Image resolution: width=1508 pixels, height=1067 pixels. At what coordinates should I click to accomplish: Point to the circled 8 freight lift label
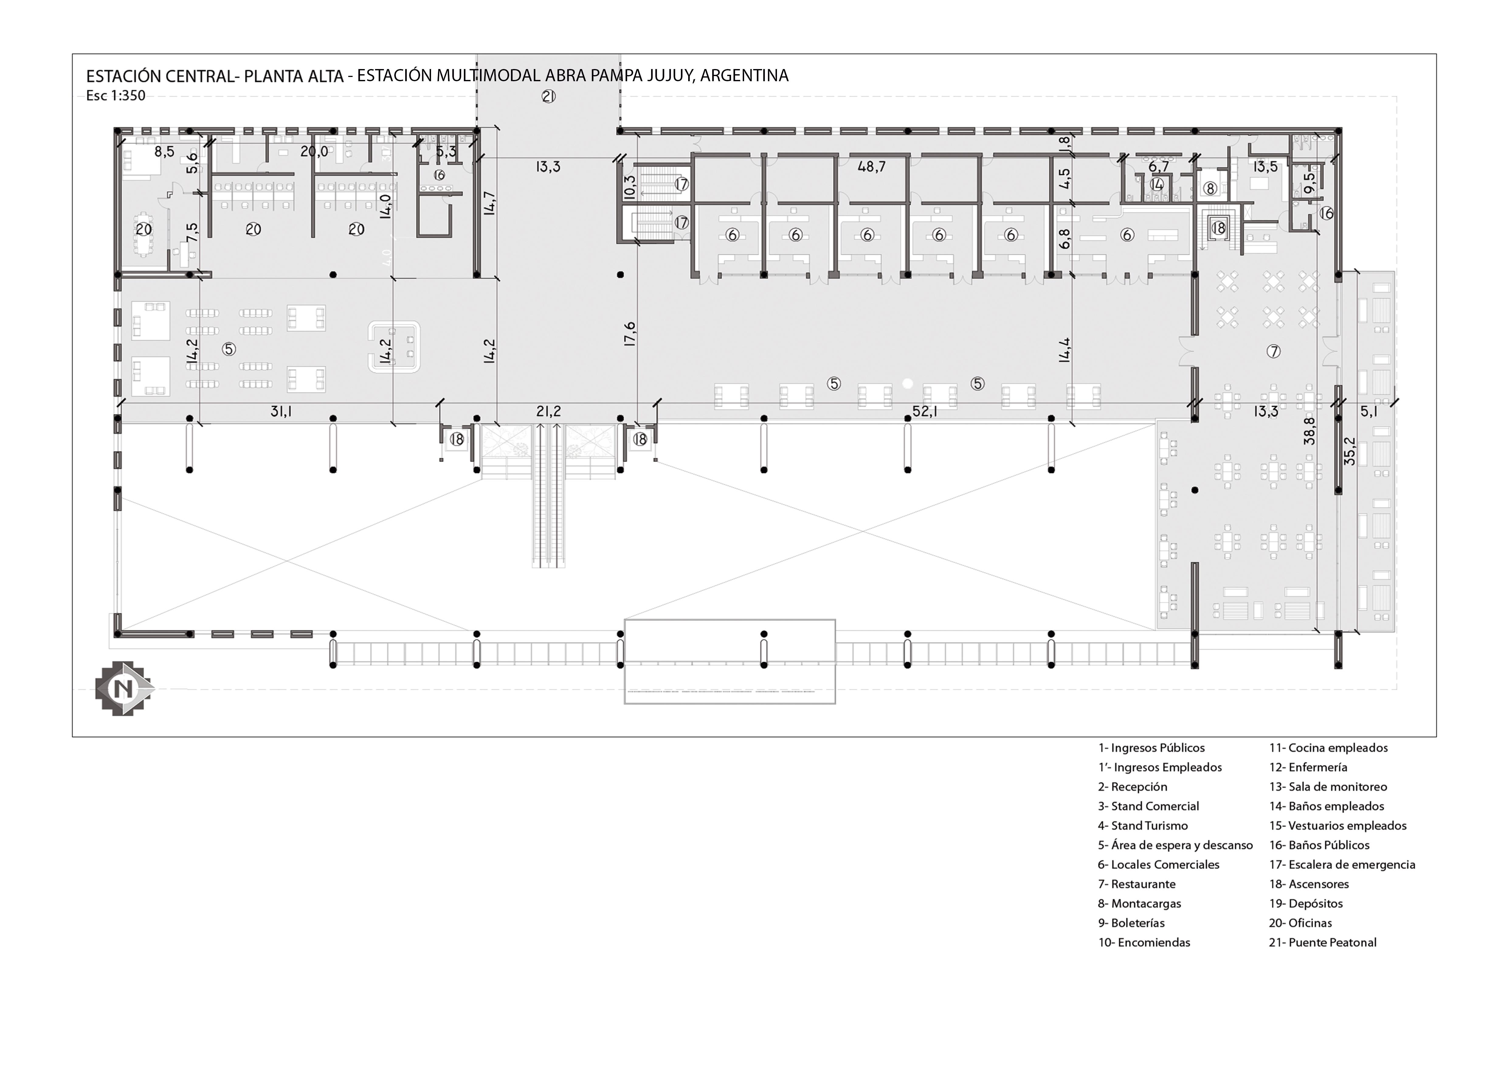(x=1210, y=189)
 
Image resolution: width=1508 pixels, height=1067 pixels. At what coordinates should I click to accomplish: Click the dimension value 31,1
(x=281, y=412)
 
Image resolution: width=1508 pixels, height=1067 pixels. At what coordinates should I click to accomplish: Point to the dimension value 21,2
(x=548, y=412)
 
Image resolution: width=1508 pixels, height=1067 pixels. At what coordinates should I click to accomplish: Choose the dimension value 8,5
(x=164, y=152)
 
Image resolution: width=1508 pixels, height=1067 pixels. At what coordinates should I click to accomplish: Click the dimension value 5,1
(x=1369, y=412)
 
